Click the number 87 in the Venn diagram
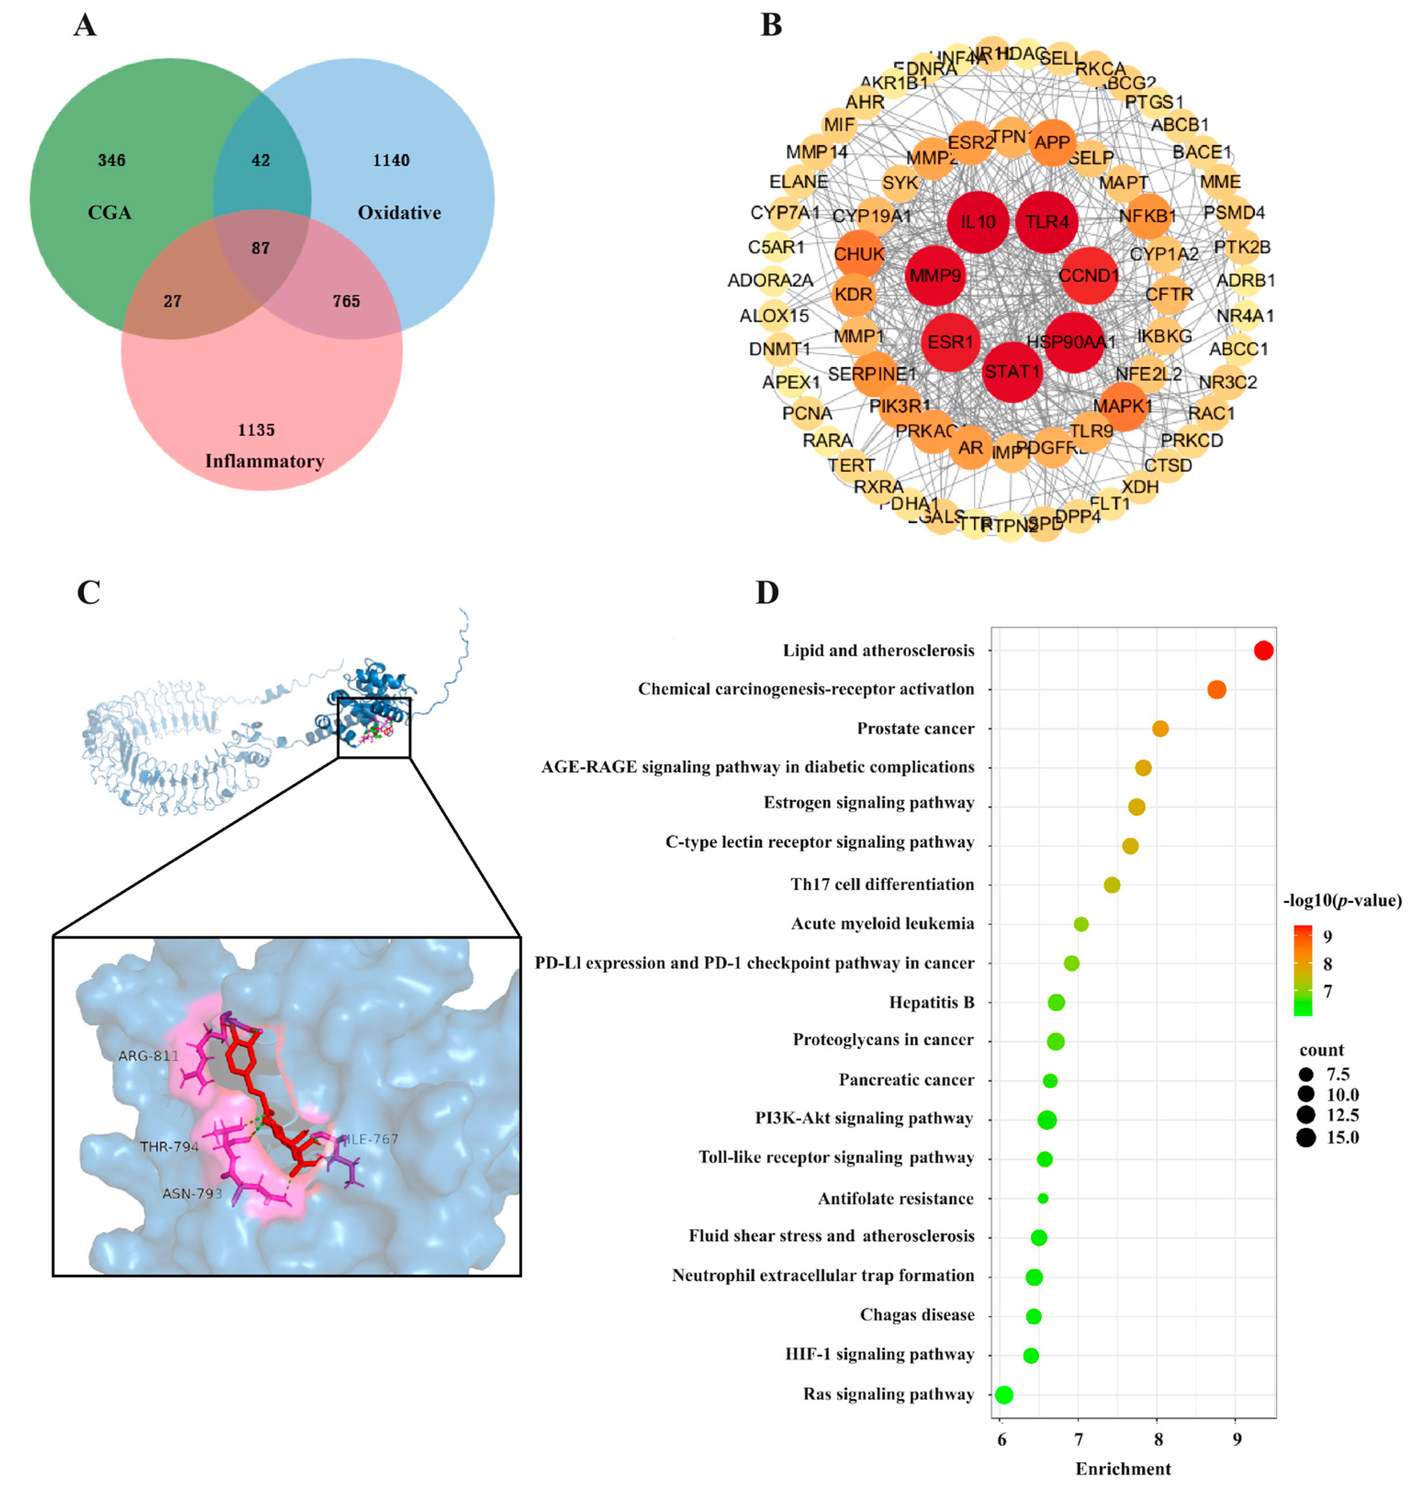tap(260, 248)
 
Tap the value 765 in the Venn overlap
tap(346, 302)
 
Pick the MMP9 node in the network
tap(935, 276)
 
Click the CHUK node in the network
tap(859, 254)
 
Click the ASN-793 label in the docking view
tap(191, 1193)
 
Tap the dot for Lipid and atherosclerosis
tap(1263, 650)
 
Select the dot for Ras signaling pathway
tap(1004, 1395)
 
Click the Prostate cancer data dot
tap(1160, 729)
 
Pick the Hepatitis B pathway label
tap(932, 1002)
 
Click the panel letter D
tap(767, 593)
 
